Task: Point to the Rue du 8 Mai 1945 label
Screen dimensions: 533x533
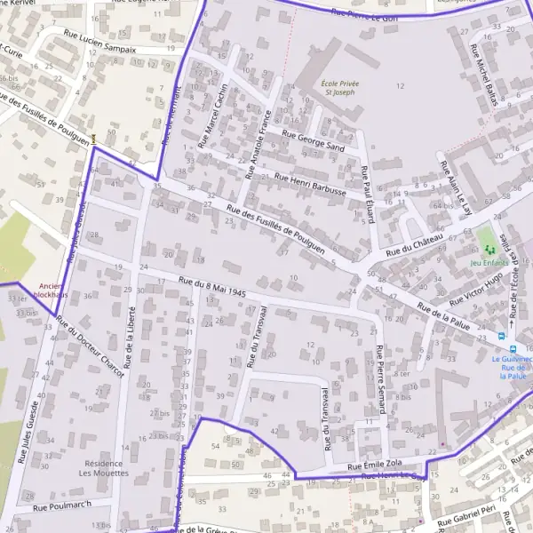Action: click(212, 287)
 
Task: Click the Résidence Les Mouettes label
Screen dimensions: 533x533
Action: click(106, 468)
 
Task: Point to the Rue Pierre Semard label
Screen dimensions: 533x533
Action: click(381, 378)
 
